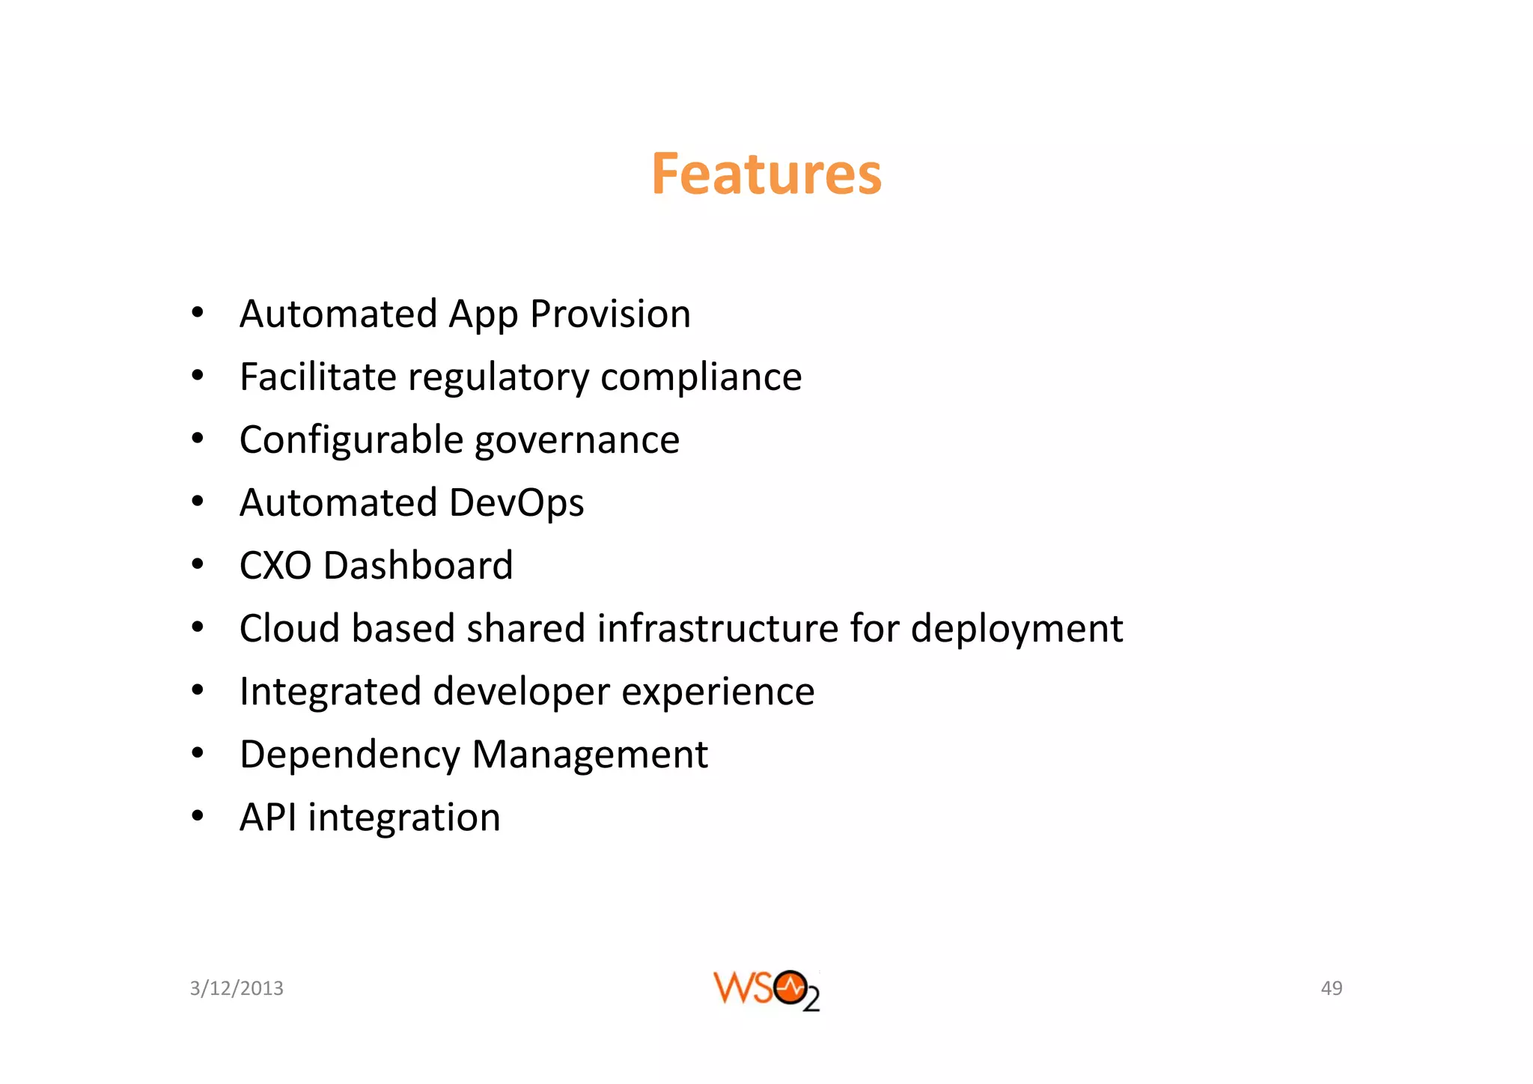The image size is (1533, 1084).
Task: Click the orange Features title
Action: click(x=766, y=174)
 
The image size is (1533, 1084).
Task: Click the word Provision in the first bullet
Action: click(x=610, y=314)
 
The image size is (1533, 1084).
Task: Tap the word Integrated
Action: click(x=330, y=692)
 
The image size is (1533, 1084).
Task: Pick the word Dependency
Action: click(x=350, y=755)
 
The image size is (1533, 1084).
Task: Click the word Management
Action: click(x=589, y=755)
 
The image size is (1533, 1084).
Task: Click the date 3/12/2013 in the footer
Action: click(x=237, y=988)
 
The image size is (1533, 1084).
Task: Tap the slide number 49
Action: click(x=1331, y=988)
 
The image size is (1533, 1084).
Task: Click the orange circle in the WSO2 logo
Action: click(x=790, y=987)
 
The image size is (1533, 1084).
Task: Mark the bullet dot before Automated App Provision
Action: click(x=197, y=313)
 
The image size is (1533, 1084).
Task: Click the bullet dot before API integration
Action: click(x=197, y=817)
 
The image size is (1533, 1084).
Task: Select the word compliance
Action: click(x=701, y=377)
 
